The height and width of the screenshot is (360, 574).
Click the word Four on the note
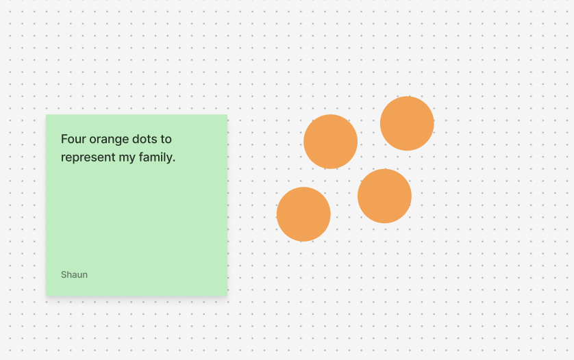coord(73,139)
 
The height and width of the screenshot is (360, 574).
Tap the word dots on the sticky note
coord(144,139)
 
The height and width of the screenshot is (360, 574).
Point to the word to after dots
coord(166,139)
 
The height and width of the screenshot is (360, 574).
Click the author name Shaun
coord(74,274)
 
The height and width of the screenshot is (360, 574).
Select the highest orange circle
coord(407,123)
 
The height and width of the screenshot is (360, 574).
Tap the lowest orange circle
coord(303,214)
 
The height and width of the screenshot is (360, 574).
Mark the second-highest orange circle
coord(330,142)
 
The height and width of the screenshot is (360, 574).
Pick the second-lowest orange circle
coord(384,196)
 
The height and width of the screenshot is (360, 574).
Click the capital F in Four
coord(64,139)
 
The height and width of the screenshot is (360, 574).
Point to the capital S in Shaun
coord(64,274)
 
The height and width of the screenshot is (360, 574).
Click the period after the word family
coord(174,161)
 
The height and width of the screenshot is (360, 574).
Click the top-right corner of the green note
coord(227,115)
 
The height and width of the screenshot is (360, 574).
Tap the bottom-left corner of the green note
coord(47,295)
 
